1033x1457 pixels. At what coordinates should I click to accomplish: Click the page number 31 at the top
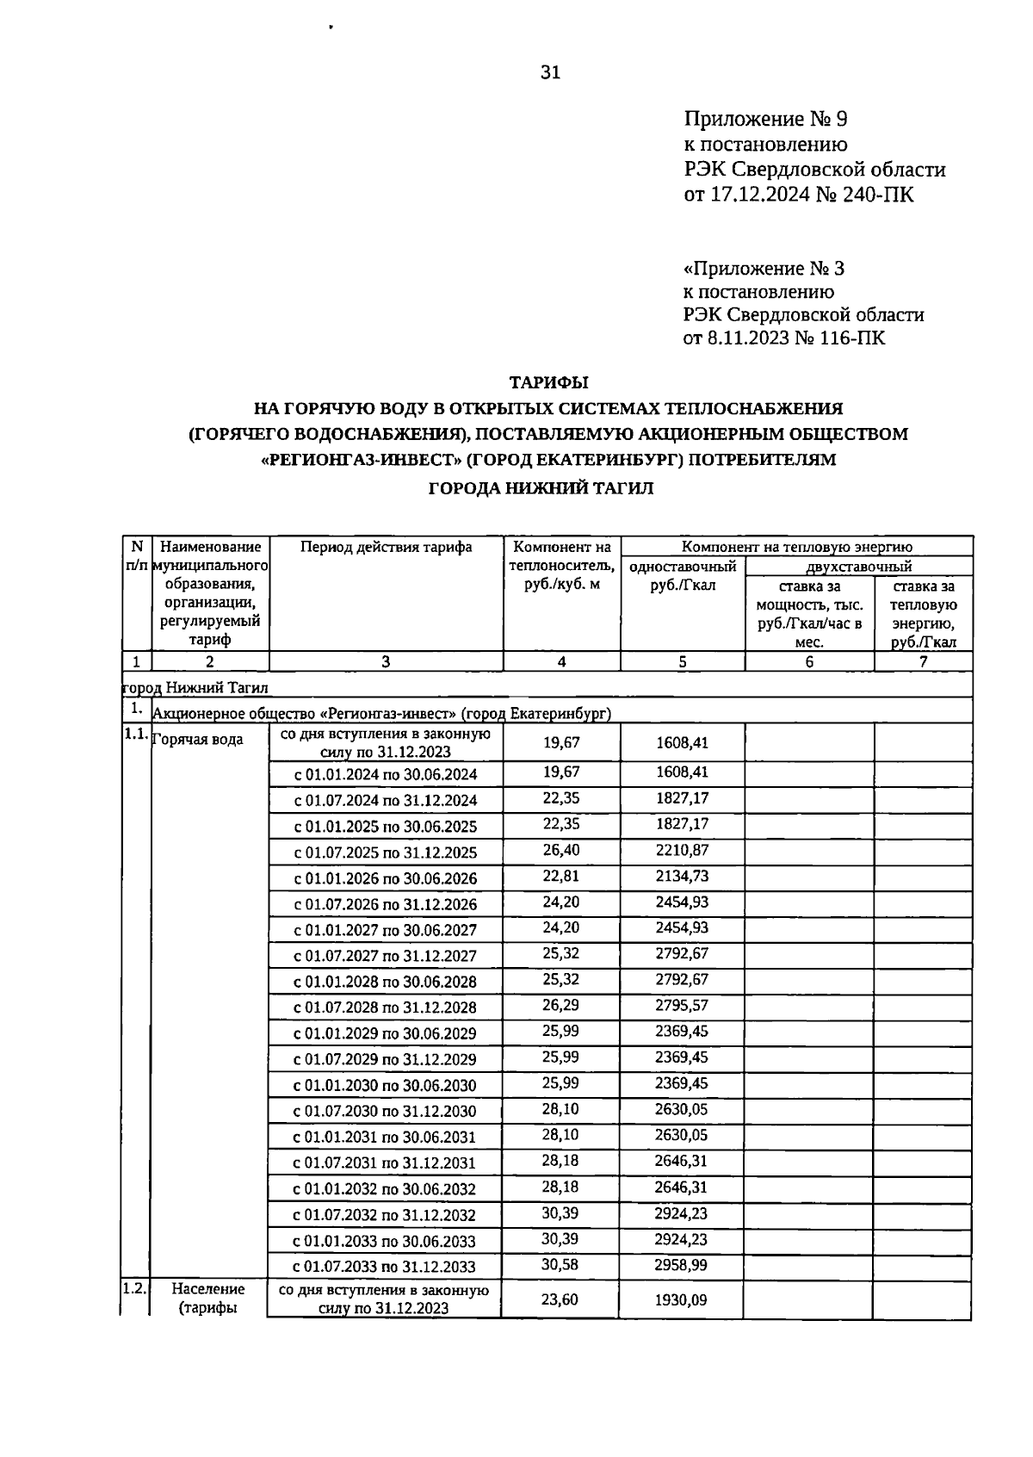tap(550, 72)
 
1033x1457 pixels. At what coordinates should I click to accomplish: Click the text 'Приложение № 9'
tap(765, 119)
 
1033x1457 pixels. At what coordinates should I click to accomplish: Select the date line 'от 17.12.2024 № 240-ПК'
tap(798, 195)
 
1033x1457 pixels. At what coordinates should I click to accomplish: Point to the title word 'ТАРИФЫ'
tap(548, 381)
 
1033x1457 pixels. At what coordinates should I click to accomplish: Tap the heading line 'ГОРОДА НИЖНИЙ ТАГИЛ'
tap(541, 488)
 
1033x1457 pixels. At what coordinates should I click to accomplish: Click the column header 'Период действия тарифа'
tap(386, 547)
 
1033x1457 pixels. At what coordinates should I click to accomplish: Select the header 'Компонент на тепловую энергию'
tap(796, 547)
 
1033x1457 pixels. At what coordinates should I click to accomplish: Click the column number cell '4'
tap(561, 661)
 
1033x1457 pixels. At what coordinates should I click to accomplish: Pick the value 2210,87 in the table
tap(681, 850)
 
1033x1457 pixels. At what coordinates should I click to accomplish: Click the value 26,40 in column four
tap(561, 850)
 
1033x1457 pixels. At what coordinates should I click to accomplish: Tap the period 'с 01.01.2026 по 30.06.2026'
tap(386, 878)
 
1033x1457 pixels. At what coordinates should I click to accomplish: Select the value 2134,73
tap(681, 876)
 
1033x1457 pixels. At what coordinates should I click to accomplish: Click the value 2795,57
tap(681, 1005)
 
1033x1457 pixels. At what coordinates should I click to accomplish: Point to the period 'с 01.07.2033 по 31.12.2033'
tap(384, 1267)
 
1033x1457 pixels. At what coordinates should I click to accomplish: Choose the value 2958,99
tap(681, 1264)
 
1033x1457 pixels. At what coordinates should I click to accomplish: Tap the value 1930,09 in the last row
tap(681, 1299)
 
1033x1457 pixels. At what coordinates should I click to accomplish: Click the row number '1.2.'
tap(134, 1289)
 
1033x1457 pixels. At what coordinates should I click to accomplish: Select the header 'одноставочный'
tap(682, 567)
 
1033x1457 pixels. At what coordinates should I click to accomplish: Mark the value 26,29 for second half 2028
tap(561, 1005)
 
